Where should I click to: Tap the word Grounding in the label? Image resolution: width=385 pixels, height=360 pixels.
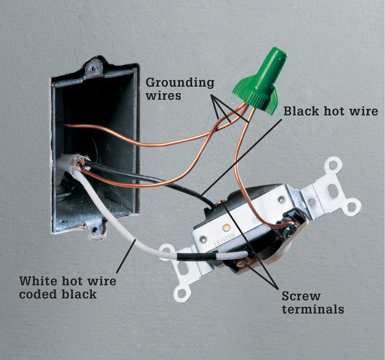(180, 83)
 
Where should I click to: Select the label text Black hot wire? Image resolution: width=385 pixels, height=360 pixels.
(330, 111)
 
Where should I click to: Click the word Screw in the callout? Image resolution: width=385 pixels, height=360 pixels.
(301, 296)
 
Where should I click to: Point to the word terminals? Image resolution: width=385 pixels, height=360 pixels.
(313, 309)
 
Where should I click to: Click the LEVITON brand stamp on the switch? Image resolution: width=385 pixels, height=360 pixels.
(224, 240)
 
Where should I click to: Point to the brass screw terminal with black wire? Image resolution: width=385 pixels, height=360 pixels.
(220, 203)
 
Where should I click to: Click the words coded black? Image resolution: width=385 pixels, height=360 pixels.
(58, 294)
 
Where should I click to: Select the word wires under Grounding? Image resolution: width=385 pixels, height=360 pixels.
(164, 96)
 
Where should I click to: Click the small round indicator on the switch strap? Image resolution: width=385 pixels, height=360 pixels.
(225, 228)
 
